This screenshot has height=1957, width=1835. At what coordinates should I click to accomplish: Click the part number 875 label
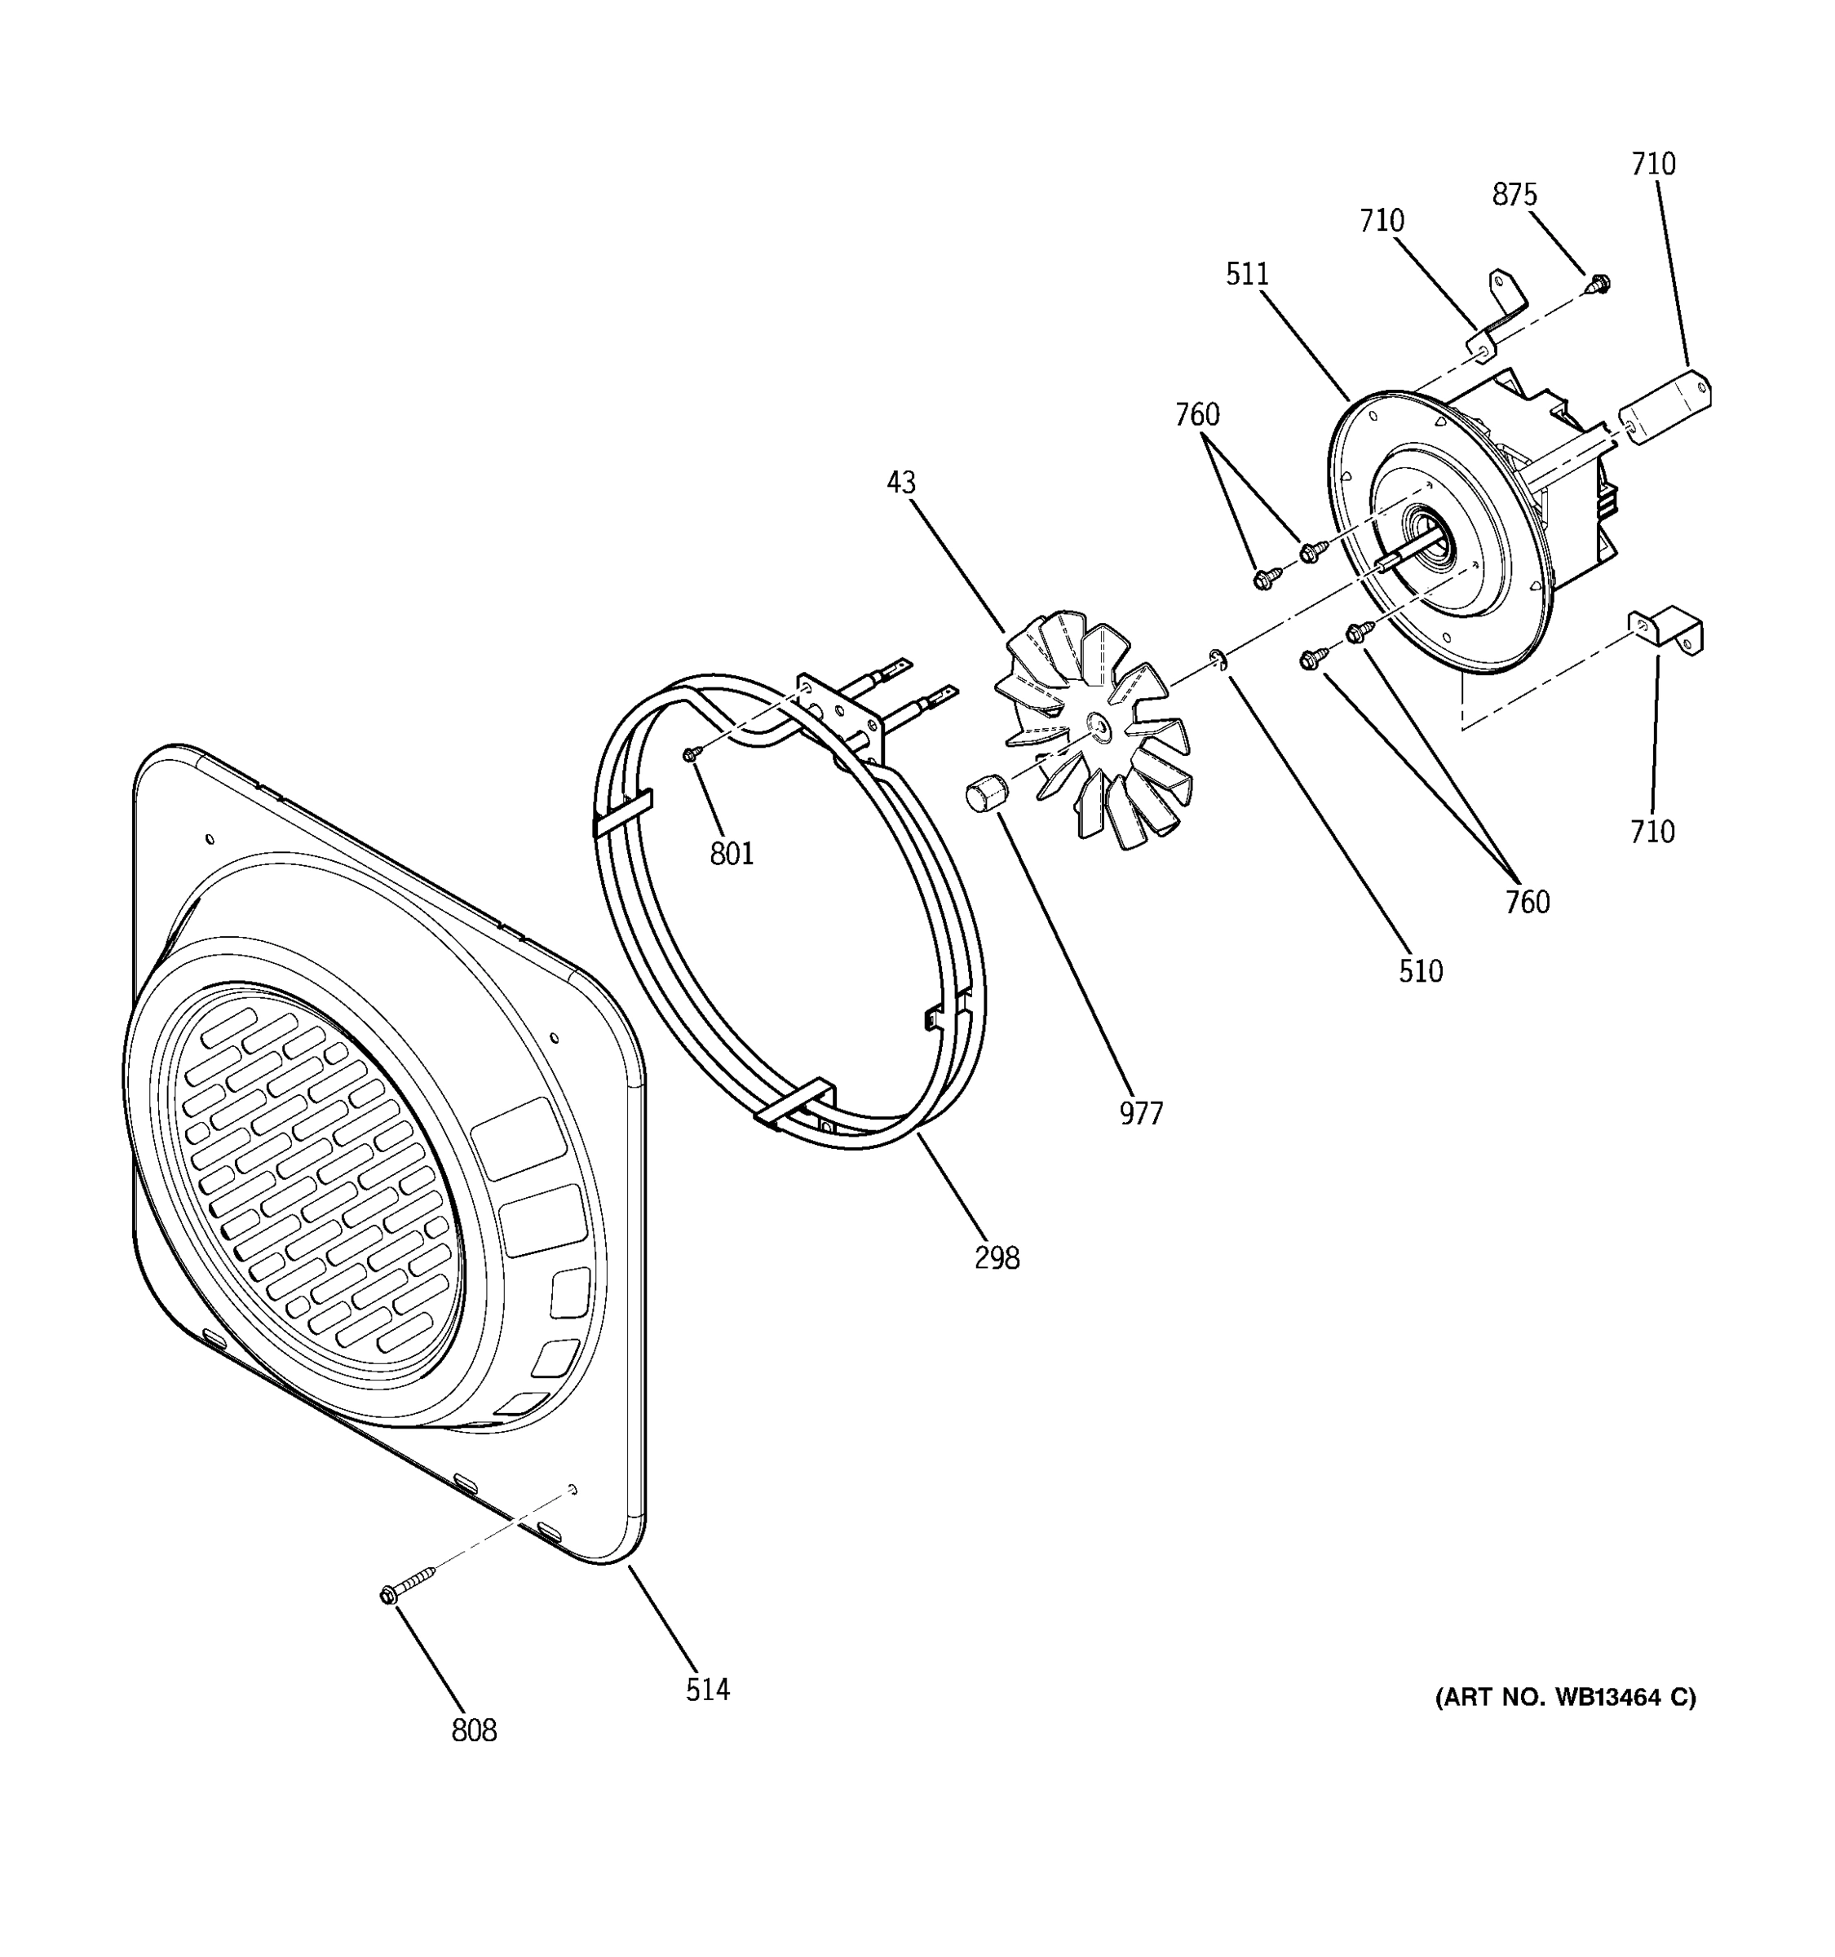pyautogui.click(x=1513, y=195)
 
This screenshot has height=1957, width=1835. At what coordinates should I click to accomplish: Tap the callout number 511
pyautogui.click(x=1246, y=274)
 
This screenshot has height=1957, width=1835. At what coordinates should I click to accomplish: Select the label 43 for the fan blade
pyautogui.click(x=900, y=483)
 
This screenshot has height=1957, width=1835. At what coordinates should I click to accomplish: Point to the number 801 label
pyautogui.click(x=732, y=854)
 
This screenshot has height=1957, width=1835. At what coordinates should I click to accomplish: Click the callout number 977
pyautogui.click(x=1141, y=1113)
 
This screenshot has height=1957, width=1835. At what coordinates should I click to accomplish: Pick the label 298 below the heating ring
pyautogui.click(x=997, y=1258)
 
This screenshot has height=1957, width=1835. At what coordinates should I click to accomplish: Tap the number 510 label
pyautogui.click(x=1420, y=972)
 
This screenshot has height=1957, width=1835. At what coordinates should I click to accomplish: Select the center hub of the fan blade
pyautogui.click(x=1099, y=727)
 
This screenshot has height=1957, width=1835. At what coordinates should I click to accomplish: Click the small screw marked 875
pyautogui.click(x=1600, y=285)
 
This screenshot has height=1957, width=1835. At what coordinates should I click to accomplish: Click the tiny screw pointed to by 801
pyautogui.click(x=691, y=753)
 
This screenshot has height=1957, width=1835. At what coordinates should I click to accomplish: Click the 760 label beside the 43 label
pyautogui.click(x=1196, y=414)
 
